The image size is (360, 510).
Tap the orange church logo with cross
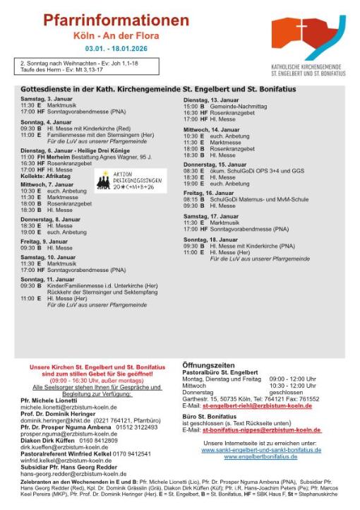(x=308, y=37)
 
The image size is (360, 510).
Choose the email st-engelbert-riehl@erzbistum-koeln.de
(x=257, y=406)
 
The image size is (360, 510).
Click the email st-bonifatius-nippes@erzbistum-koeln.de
(x=261, y=429)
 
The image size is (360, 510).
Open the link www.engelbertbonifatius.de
(x=260, y=456)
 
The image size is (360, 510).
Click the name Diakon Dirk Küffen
(x=47, y=440)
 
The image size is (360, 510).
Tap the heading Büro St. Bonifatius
(x=208, y=416)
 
